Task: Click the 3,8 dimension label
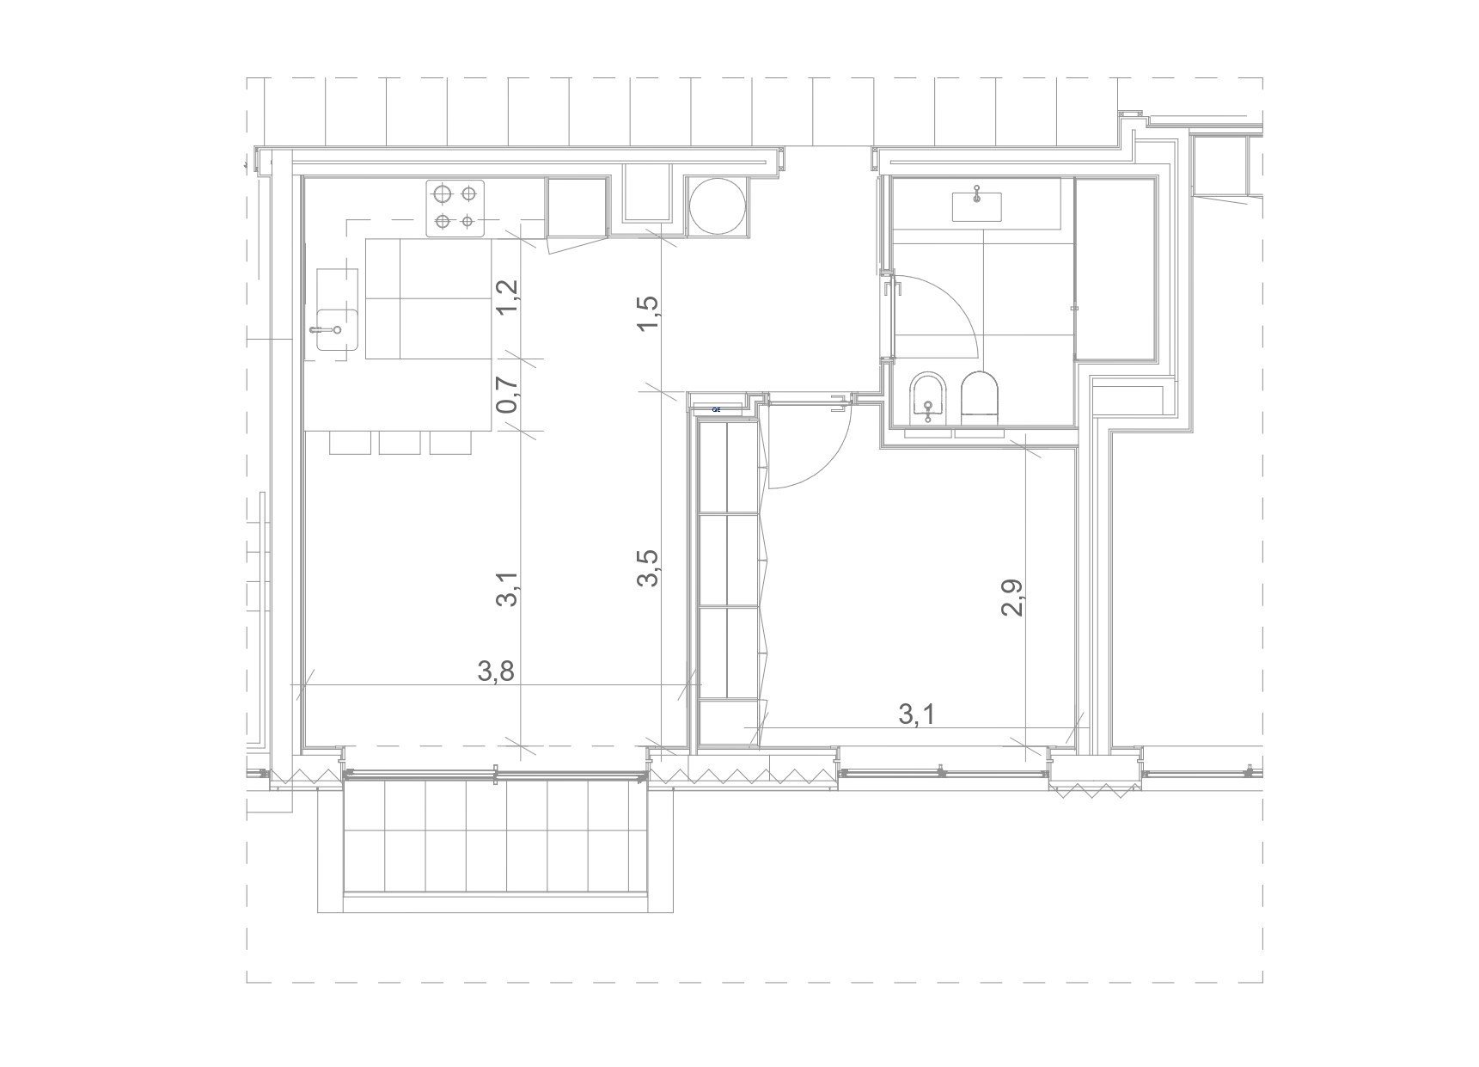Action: (x=496, y=671)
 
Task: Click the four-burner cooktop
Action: (x=455, y=208)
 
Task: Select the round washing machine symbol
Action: (x=717, y=207)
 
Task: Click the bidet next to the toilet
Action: (x=926, y=398)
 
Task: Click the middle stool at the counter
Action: (x=400, y=442)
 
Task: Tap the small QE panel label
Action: (x=717, y=409)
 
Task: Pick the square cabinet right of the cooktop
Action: (x=577, y=207)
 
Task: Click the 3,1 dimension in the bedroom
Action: (x=916, y=713)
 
